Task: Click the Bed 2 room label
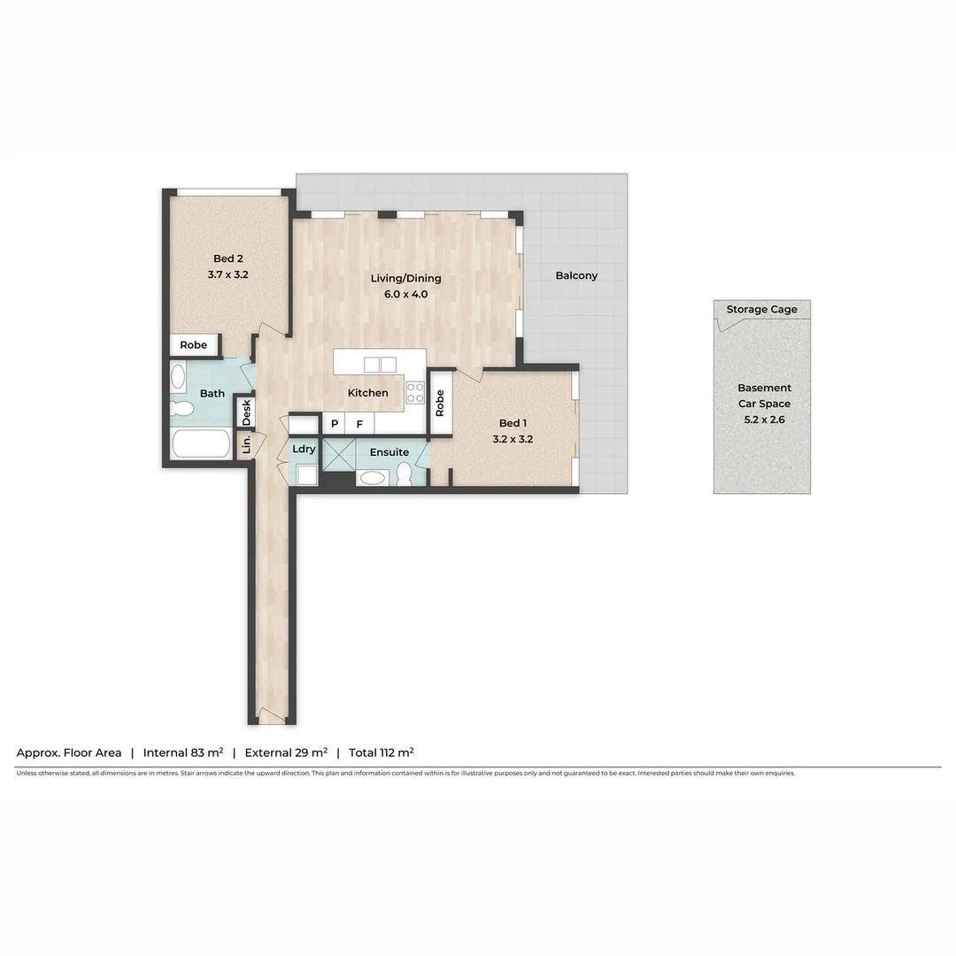227,258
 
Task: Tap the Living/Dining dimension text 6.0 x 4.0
405,294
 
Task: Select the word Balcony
576,275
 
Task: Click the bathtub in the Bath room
201,443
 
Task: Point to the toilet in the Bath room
183,409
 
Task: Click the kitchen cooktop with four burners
415,393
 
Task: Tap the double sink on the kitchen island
380,364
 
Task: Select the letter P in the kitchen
335,424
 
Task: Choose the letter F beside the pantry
359,424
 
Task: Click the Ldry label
304,449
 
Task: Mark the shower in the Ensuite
338,453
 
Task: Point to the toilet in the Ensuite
405,475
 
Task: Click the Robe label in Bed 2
193,345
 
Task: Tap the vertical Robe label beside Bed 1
440,404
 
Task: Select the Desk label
246,412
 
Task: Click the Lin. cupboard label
247,443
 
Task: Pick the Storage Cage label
761,309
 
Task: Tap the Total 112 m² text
381,752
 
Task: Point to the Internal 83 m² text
182,752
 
